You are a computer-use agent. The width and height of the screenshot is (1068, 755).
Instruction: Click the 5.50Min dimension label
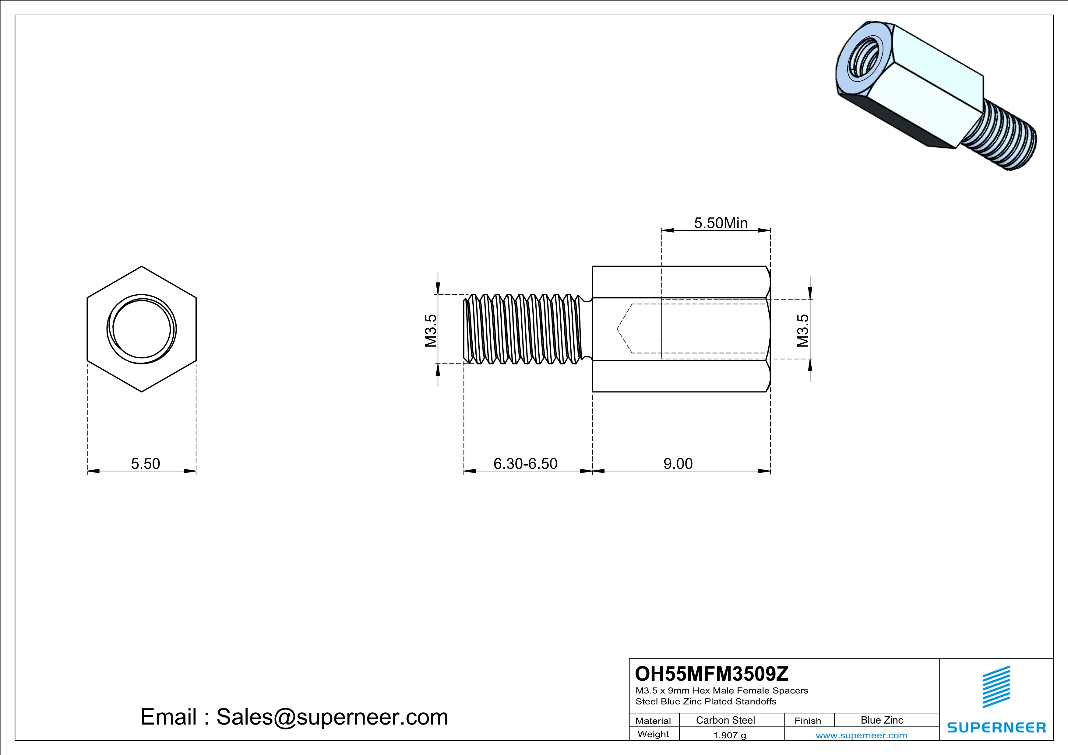(x=721, y=223)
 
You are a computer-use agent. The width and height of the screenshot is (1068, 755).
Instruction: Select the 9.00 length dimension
(x=678, y=464)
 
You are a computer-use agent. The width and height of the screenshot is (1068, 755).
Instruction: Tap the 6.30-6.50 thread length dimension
(x=525, y=464)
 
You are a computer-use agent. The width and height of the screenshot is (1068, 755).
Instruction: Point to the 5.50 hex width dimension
(x=145, y=464)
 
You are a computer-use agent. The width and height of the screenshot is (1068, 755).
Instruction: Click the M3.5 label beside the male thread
(x=431, y=331)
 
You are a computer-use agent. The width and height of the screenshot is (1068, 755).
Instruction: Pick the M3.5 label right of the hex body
(x=803, y=331)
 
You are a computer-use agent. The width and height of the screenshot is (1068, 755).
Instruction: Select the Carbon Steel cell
(x=725, y=720)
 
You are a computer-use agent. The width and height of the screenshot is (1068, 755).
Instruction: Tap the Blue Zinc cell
(x=881, y=720)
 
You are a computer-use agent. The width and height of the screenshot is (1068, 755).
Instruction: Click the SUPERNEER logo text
(x=996, y=728)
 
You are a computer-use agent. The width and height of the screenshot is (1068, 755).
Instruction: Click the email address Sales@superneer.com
(x=294, y=717)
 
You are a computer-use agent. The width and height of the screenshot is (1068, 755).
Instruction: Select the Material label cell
(x=653, y=721)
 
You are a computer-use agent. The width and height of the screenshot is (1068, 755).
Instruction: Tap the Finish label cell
(x=808, y=721)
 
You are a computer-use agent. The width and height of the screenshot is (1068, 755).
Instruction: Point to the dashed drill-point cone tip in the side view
(x=618, y=329)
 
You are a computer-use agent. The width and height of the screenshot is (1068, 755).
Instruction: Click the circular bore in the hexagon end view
(x=141, y=329)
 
